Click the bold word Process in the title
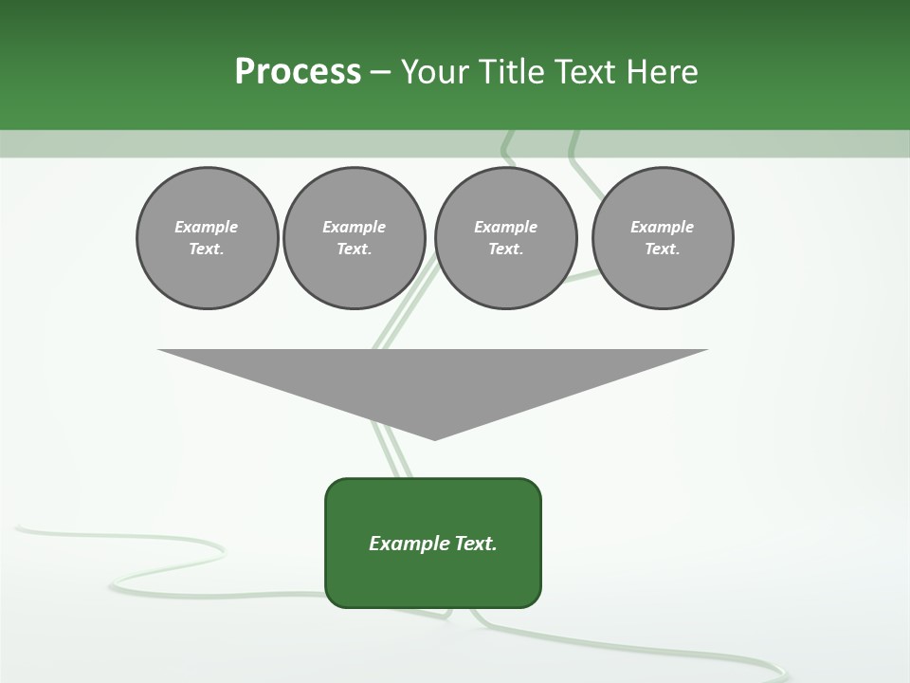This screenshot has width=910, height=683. pyautogui.click(x=298, y=72)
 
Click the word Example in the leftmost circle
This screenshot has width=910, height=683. pyautogui.click(x=207, y=227)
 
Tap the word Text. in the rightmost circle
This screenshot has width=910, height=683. pyautogui.click(x=663, y=249)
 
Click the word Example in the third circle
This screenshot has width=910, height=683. pyautogui.click(x=505, y=227)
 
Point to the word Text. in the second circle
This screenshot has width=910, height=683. pyautogui.click(x=354, y=249)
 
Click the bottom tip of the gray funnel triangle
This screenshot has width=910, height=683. pyautogui.click(x=434, y=437)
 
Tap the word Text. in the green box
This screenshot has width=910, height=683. pyautogui.click(x=476, y=544)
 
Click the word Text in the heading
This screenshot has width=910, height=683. pyautogui.click(x=586, y=72)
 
